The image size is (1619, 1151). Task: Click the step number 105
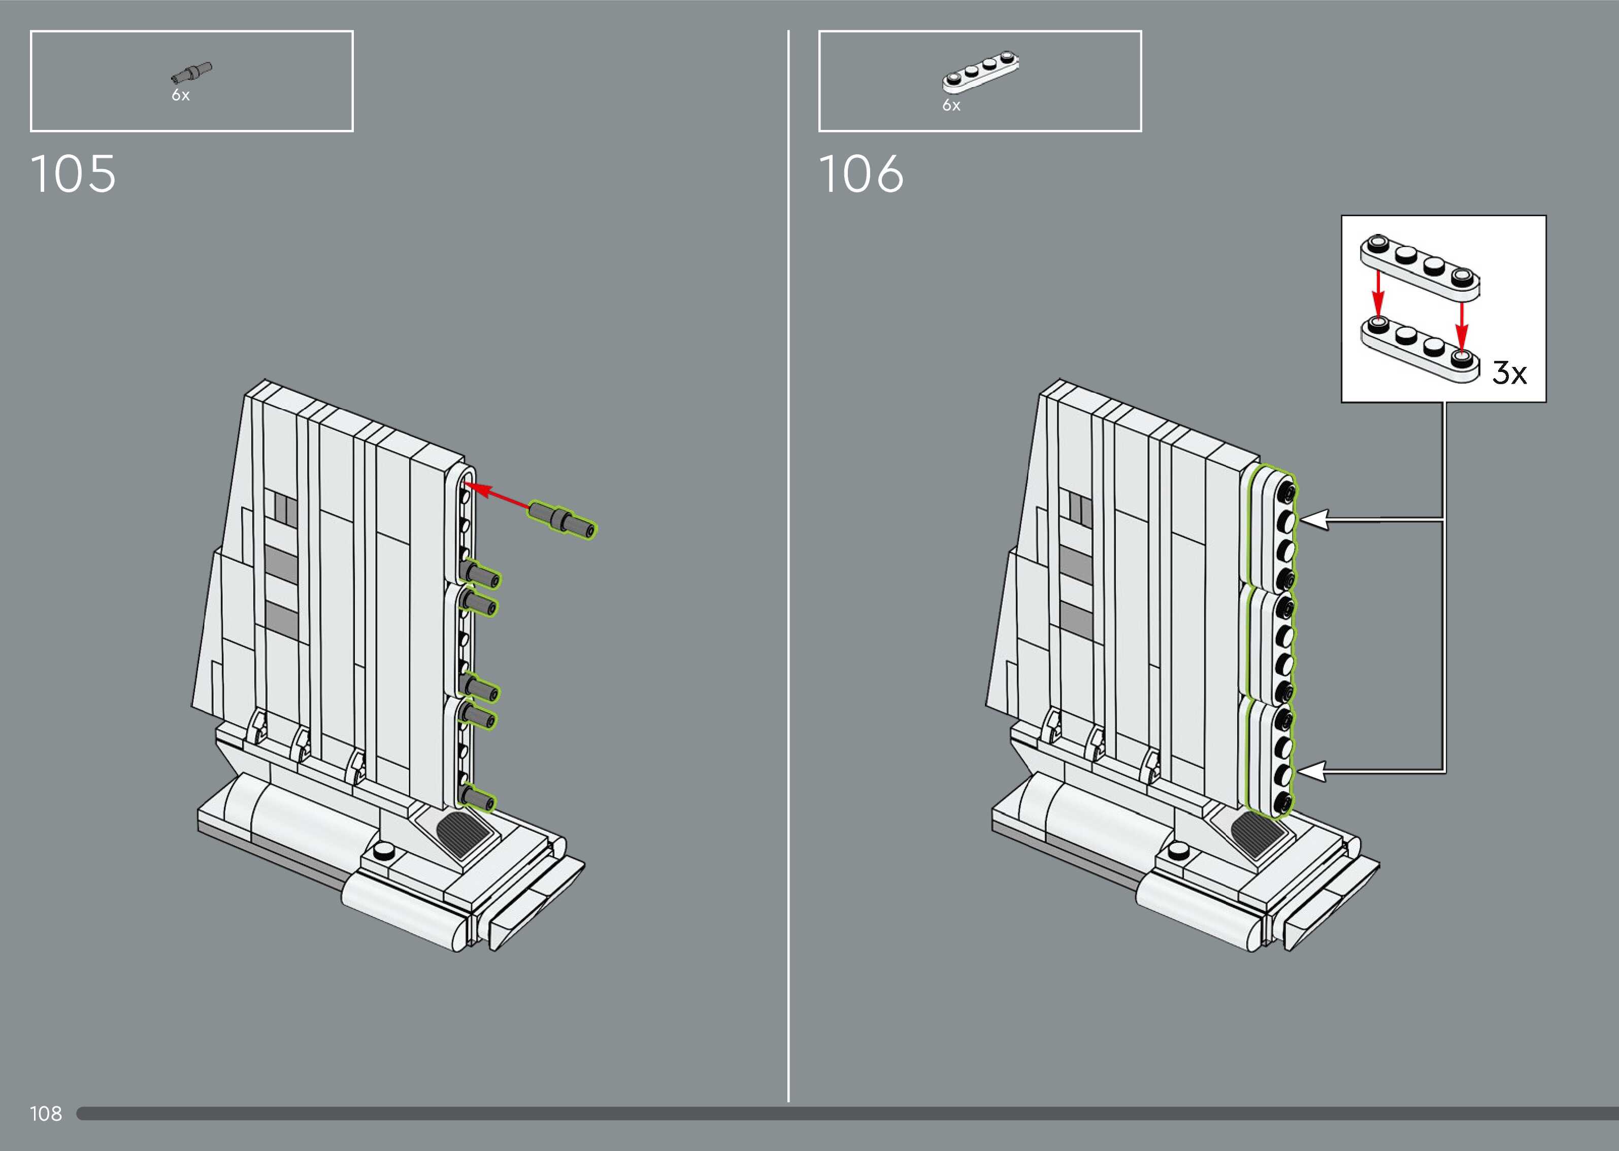(73, 175)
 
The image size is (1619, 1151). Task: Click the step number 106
(861, 175)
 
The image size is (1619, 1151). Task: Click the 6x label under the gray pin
(181, 95)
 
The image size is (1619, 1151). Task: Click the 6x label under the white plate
(951, 106)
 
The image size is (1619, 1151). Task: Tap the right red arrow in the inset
(1462, 322)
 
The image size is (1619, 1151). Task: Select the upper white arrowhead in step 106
(1314, 520)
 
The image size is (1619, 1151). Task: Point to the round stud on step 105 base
(383, 851)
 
